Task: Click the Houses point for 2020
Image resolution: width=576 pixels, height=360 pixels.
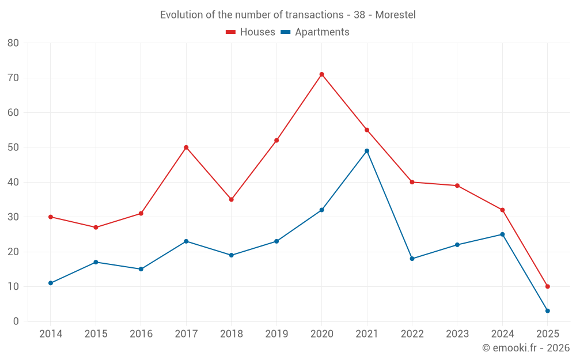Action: (321, 74)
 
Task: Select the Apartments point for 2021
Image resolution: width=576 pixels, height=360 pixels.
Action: (367, 151)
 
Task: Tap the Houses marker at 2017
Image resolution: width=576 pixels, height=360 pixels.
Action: (186, 147)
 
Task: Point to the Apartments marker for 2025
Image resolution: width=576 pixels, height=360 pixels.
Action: (547, 311)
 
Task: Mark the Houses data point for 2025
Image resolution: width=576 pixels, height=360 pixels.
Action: (547, 286)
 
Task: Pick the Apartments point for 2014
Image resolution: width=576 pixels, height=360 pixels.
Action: (51, 283)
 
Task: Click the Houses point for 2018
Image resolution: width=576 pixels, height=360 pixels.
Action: (231, 199)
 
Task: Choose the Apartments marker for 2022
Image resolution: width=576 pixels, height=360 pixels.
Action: (412, 259)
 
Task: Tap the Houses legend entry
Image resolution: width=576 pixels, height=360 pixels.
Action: (251, 32)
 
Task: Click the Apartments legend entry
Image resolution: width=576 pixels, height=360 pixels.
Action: (315, 32)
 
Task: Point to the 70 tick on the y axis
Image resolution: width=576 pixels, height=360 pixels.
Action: (13, 78)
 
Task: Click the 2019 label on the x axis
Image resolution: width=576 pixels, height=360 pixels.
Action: (276, 334)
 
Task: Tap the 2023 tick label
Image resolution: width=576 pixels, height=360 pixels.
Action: (457, 334)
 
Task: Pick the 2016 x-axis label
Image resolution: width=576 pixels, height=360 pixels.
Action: (141, 334)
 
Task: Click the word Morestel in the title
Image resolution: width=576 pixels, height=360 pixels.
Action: (395, 15)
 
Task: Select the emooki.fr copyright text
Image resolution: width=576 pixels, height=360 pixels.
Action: (526, 348)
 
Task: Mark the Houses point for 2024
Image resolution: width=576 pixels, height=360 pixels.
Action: (502, 210)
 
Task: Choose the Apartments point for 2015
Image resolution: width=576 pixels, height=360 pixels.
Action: (96, 262)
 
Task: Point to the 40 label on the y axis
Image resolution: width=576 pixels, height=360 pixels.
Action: (13, 182)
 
